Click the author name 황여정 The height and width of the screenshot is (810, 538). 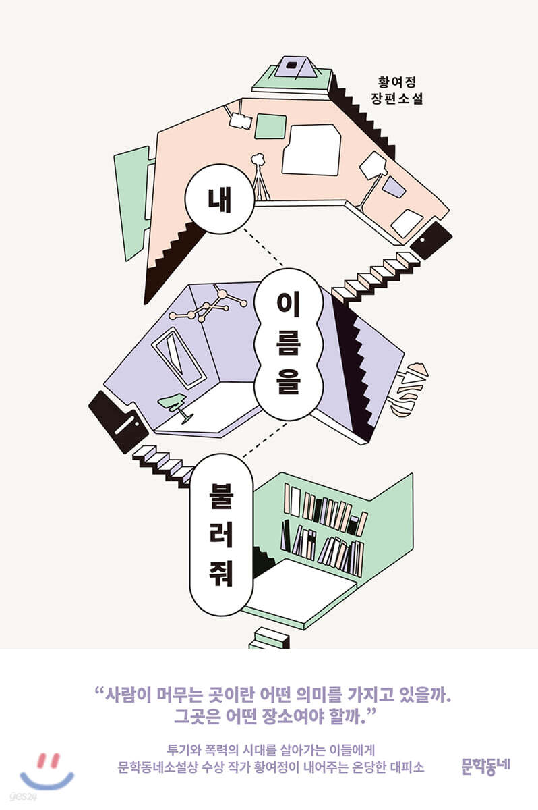(x=397, y=82)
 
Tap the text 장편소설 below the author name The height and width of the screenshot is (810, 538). (x=397, y=99)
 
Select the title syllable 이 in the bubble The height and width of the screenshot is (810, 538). (x=288, y=305)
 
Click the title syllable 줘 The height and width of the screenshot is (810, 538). (x=221, y=572)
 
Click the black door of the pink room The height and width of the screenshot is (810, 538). (x=431, y=240)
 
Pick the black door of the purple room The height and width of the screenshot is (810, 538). (x=119, y=422)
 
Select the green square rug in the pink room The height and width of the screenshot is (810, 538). (x=270, y=127)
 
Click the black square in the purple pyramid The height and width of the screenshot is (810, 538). (x=291, y=65)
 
